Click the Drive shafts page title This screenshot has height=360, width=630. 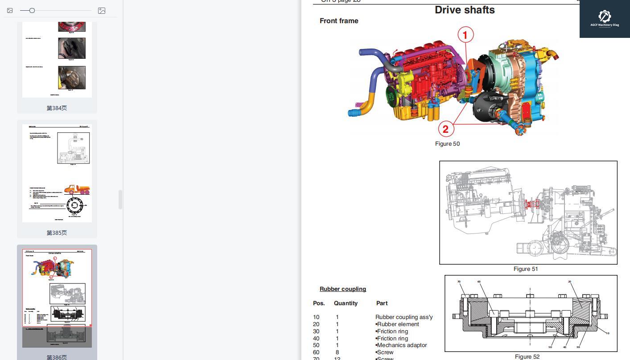pyautogui.click(x=465, y=10)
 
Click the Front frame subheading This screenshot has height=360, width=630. pyautogui.click(x=339, y=21)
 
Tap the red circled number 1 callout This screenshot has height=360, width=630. pyautogui.click(x=465, y=35)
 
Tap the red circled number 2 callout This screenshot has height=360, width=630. pyautogui.click(x=445, y=129)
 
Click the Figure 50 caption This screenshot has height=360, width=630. pyautogui.click(x=447, y=143)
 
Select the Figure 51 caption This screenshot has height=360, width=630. pyautogui.click(x=526, y=269)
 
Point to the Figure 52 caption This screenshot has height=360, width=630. pyautogui.click(x=527, y=356)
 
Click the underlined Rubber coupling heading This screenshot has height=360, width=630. pyautogui.click(x=342, y=289)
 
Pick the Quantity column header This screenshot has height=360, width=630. pyautogui.click(x=346, y=303)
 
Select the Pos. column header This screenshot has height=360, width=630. pyautogui.click(x=319, y=303)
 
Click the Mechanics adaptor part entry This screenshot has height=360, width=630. pyautogui.click(x=402, y=345)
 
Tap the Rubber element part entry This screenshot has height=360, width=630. pyautogui.click(x=398, y=324)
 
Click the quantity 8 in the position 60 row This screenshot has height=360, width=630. pyautogui.click(x=337, y=352)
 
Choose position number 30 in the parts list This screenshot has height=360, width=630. pyautogui.click(x=316, y=331)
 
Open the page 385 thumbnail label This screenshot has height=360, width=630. pyautogui.click(x=57, y=233)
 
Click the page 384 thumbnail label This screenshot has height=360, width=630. pyautogui.click(x=57, y=108)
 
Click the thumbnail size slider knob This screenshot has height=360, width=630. pyautogui.click(x=32, y=10)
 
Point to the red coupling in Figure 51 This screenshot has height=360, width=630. pyautogui.click(x=532, y=204)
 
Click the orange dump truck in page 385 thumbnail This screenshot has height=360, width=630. pyautogui.click(x=77, y=190)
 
